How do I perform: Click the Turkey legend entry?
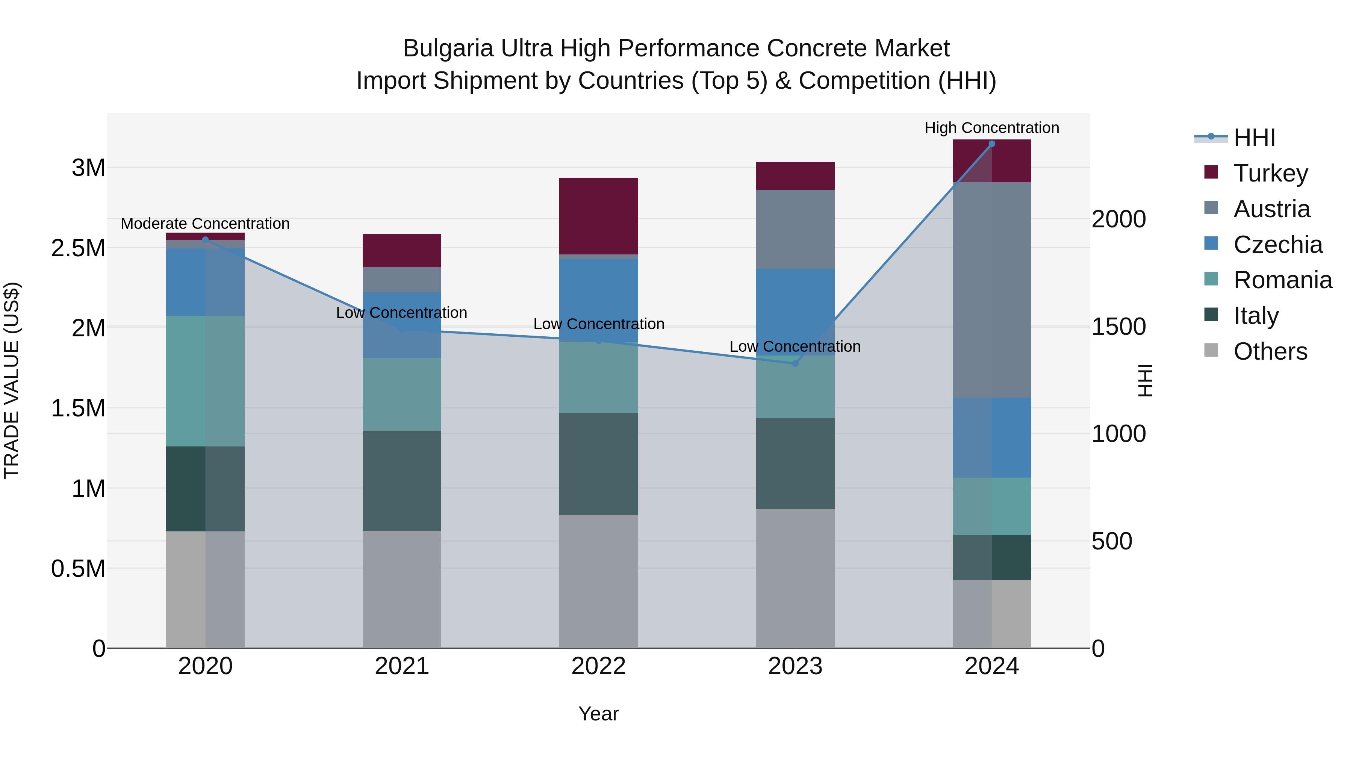click(x=1270, y=173)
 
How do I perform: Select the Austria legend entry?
click(x=1271, y=209)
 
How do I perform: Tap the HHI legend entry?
click(x=1254, y=138)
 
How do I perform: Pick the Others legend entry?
click(x=1270, y=351)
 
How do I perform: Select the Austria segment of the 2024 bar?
click(x=992, y=289)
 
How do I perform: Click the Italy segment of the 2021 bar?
click(x=402, y=481)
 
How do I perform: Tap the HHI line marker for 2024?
click(x=992, y=144)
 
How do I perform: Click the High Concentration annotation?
click(x=992, y=128)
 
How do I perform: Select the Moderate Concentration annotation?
click(x=205, y=224)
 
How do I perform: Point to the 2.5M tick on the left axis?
click(x=78, y=248)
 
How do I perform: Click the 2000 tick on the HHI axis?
click(x=1118, y=219)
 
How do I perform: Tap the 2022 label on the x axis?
click(x=598, y=666)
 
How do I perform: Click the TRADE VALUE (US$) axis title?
click(x=12, y=380)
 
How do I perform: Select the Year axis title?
click(x=598, y=714)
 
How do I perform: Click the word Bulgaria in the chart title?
click(x=448, y=48)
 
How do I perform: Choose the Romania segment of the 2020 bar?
click(x=205, y=381)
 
